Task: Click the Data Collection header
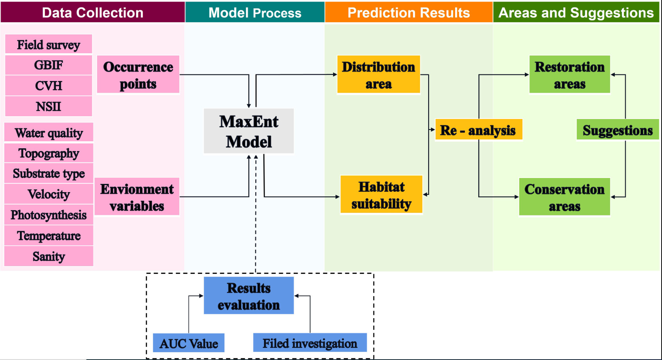pyautogui.click(x=93, y=12)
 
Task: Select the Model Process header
pyautogui.click(x=255, y=12)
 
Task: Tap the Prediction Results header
pyautogui.click(x=409, y=12)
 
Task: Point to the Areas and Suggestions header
pyautogui.click(x=576, y=12)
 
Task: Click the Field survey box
pyautogui.click(x=48, y=44)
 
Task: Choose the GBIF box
pyautogui.click(x=48, y=65)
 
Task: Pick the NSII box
pyautogui.click(x=48, y=106)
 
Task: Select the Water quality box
pyautogui.click(x=49, y=133)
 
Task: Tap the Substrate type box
pyautogui.click(x=49, y=173)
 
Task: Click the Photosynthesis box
pyautogui.click(x=49, y=215)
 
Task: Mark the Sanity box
pyautogui.click(x=49, y=256)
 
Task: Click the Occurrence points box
pyautogui.click(x=138, y=75)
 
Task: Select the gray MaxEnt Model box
pyautogui.click(x=249, y=131)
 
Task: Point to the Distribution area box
pyautogui.click(x=379, y=75)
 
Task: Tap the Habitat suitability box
pyautogui.click(x=382, y=194)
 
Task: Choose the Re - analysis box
pyautogui.click(x=479, y=130)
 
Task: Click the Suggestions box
pyautogui.click(x=618, y=130)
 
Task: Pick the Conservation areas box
pyautogui.click(x=565, y=197)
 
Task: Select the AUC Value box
pyautogui.click(x=188, y=343)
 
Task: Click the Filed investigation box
pyautogui.click(x=310, y=343)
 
